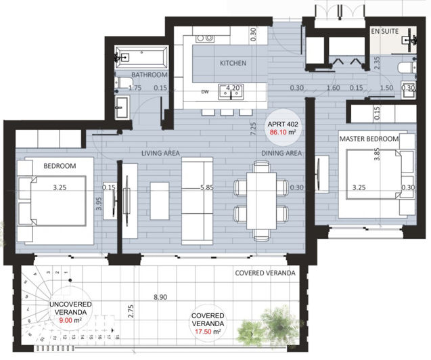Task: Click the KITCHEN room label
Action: [x=232, y=64]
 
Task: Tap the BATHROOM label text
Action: [x=149, y=74]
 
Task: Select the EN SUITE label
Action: [x=385, y=32]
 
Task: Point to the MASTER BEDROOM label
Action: [x=369, y=139]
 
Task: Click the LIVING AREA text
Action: [x=160, y=154]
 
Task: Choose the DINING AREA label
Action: [x=281, y=154]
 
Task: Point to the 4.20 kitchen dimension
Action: [x=233, y=88]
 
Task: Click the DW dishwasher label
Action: [x=206, y=93]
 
